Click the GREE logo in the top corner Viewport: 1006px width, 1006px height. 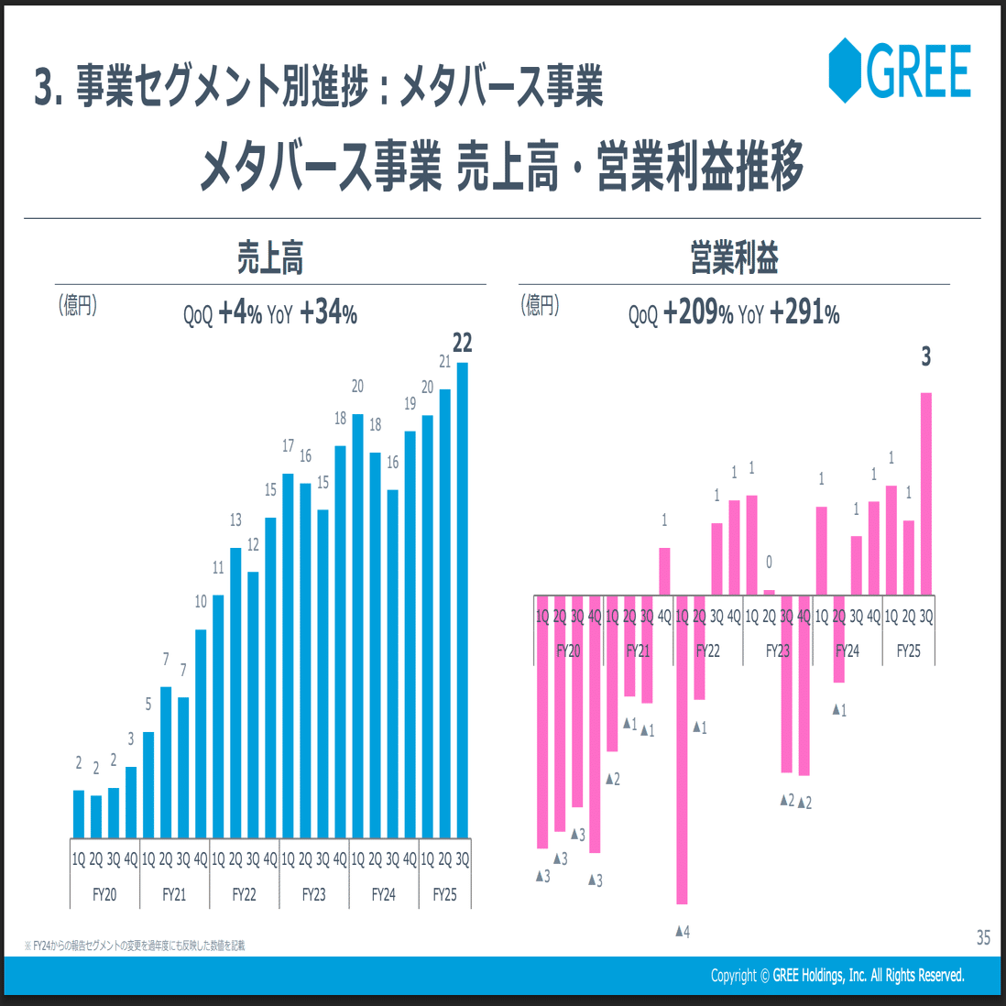pos(899,70)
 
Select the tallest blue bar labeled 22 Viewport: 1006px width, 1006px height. pos(462,596)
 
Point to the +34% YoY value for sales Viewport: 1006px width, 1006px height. pos(328,313)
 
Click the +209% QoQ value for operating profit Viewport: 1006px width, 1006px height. pos(698,313)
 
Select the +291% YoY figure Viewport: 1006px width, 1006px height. pos(804,313)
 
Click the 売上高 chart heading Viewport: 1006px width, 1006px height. pos(269,258)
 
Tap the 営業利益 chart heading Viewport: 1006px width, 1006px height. pos(734,258)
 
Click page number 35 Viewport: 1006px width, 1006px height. pos(983,937)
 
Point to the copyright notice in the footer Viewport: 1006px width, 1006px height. pos(837,975)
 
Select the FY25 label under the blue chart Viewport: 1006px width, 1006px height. pos(444,894)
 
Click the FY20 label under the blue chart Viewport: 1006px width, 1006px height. pos(104,894)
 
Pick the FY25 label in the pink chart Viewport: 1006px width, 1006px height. pos(908,651)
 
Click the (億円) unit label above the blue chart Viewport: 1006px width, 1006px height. pos(78,305)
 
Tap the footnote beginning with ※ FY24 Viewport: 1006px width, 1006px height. pos(135,945)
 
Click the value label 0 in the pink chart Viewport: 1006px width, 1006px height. pos(769,562)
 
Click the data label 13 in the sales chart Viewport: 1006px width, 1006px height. pos(235,520)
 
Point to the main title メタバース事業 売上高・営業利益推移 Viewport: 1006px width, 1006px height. pos(502,168)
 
